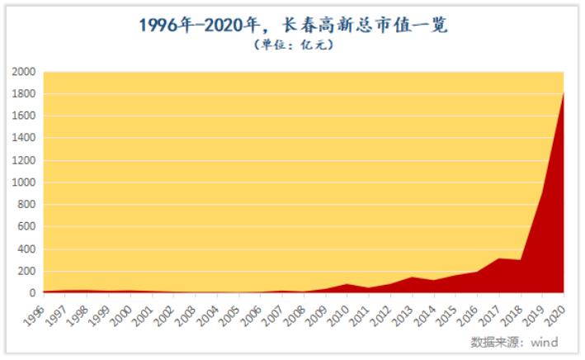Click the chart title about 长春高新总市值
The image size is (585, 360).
click(x=292, y=25)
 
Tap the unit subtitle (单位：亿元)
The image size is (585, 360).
click(x=292, y=46)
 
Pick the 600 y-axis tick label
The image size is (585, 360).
click(x=26, y=227)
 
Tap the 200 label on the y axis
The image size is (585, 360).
click(x=26, y=271)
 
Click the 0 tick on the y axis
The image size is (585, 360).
click(x=34, y=293)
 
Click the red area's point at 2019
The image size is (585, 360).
click(x=542, y=193)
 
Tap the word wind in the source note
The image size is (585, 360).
click(x=543, y=342)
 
